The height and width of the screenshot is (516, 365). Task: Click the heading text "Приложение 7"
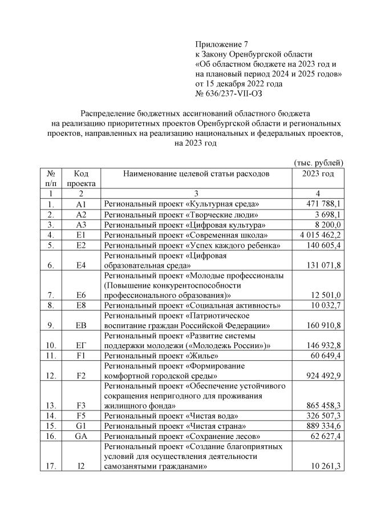222,44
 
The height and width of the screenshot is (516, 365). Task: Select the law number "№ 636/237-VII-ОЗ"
229,93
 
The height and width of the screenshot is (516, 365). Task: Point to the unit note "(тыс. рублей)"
318,163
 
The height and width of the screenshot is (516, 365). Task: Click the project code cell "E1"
81,235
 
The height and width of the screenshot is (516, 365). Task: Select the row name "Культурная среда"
181,204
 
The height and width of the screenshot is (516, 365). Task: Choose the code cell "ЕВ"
81,326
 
